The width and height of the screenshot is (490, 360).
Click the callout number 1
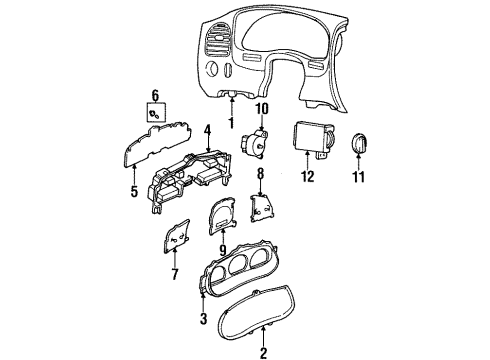pos(231,122)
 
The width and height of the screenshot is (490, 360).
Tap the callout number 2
pos(263,353)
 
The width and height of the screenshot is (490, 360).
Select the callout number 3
pos(203,319)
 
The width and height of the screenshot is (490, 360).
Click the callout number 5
pos(134,191)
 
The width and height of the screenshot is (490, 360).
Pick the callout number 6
pos(156,95)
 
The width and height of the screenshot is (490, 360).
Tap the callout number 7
pos(175,274)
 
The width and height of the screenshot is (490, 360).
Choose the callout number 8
pos(260,174)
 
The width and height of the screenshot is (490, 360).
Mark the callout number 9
pos(222,249)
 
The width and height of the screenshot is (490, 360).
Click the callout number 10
pos(262,109)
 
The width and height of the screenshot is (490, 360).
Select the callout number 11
pos(359,176)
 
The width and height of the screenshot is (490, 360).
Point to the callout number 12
pos(308,176)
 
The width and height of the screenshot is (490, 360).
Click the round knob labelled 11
pos(359,144)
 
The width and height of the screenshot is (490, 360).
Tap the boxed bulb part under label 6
pos(156,113)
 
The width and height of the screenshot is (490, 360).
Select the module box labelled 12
pos(313,139)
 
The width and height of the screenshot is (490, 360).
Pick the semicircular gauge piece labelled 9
pos(222,216)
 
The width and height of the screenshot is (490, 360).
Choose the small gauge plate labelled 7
pos(177,236)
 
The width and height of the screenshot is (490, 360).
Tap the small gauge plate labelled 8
pos(261,209)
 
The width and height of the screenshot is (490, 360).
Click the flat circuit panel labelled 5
pos(157,143)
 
